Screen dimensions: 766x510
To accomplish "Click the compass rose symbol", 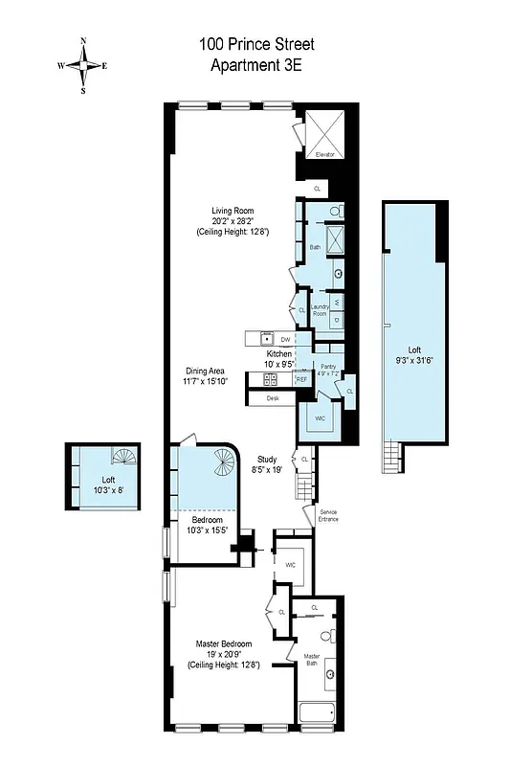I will pyautogui.click(x=83, y=66).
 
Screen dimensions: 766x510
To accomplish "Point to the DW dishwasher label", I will pyautogui.click(x=285, y=340).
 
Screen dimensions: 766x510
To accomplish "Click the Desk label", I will pyautogui.click(x=273, y=397).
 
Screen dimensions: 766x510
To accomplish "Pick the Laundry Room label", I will pyautogui.click(x=319, y=311).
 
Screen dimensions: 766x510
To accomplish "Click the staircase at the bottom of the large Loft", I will pyautogui.click(x=390, y=457).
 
